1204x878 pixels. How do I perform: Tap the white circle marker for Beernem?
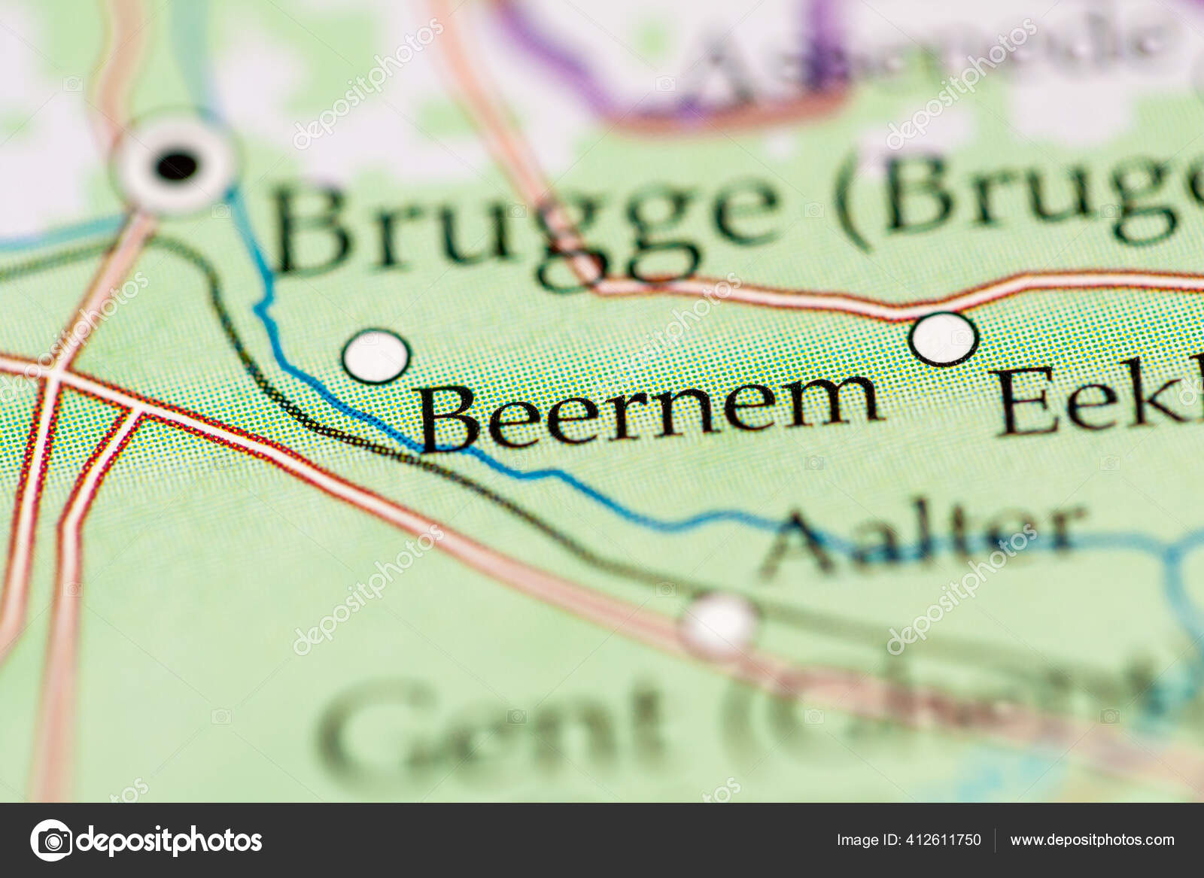(x=375, y=356)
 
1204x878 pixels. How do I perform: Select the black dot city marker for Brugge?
(x=178, y=163)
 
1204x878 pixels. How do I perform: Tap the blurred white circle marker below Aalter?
(x=719, y=624)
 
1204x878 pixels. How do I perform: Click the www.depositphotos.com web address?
(x=1092, y=840)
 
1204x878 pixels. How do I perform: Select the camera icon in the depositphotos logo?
(x=51, y=840)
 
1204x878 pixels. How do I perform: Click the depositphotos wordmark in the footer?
(x=169, y=840)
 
